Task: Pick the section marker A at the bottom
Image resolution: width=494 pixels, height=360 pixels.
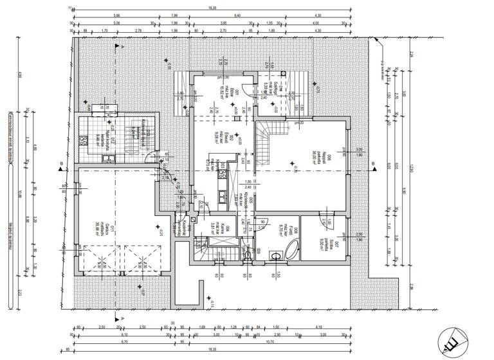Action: (122, 318)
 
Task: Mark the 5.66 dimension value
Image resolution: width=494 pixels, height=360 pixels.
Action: (116, 15)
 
